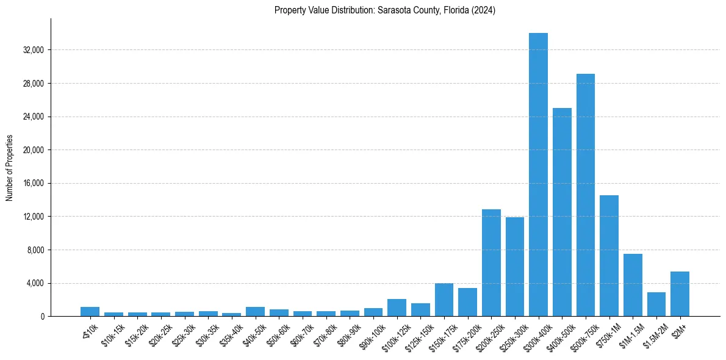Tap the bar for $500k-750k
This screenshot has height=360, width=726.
[x=586, y=195]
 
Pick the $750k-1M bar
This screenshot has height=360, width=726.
[x=609, y=256]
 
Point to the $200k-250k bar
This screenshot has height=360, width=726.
[x=491, y=262]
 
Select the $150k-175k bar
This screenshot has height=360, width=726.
[x=444, y=300]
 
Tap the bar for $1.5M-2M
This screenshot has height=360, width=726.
[x=656, y=304]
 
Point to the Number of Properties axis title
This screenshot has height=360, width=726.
[x=10, y=167]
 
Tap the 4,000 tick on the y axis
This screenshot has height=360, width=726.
[x=34, y=283]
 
